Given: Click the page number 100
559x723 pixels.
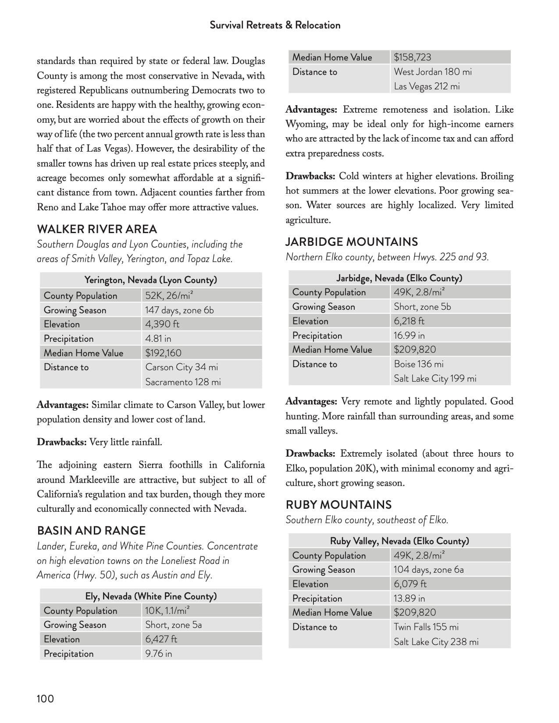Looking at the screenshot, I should (45, 698).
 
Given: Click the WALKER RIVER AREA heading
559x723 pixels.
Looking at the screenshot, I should (97, 229).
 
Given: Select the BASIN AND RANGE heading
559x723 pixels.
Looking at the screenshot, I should (91, 531).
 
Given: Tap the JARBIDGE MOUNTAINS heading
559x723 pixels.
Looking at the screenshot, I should (352, 242).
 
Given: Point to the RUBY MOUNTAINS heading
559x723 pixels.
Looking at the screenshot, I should (338, 505).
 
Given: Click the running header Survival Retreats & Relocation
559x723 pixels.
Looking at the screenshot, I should (275, 25).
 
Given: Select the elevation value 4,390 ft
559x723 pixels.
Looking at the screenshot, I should (162, 324).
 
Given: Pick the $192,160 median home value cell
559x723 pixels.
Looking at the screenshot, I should (163, 353).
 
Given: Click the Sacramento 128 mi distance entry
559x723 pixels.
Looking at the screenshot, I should (183, 382).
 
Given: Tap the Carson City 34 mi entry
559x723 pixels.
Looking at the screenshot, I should (182, 367).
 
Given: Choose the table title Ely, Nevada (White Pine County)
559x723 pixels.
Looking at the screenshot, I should (151, 596).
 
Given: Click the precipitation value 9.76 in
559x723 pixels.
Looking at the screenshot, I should (159, 654).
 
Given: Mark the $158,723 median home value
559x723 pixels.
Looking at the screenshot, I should (412, 57).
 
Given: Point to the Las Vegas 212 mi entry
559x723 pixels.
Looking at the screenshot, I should (427, 86).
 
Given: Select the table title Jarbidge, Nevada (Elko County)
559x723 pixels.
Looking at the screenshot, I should (399, 278).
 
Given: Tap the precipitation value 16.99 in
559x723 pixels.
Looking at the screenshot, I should (409, 336).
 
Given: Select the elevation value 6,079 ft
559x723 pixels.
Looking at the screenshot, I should (410, 584).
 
